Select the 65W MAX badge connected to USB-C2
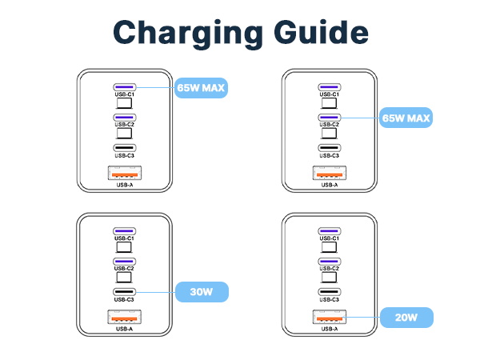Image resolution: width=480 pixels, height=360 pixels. click(x=406, y=118)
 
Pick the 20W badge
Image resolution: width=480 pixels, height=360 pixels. click(x=406, y=318)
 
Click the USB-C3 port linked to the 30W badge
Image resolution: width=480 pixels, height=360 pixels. click(x=124, y=291)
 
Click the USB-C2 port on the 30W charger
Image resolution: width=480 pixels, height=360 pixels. click(x=124, y=262)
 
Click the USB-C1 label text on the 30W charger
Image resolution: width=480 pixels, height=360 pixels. click(x=124, y=239)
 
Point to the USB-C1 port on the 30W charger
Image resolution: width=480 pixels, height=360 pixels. click(x=124, y=231)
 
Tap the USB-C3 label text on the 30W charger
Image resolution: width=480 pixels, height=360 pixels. click(x=124, y=299)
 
